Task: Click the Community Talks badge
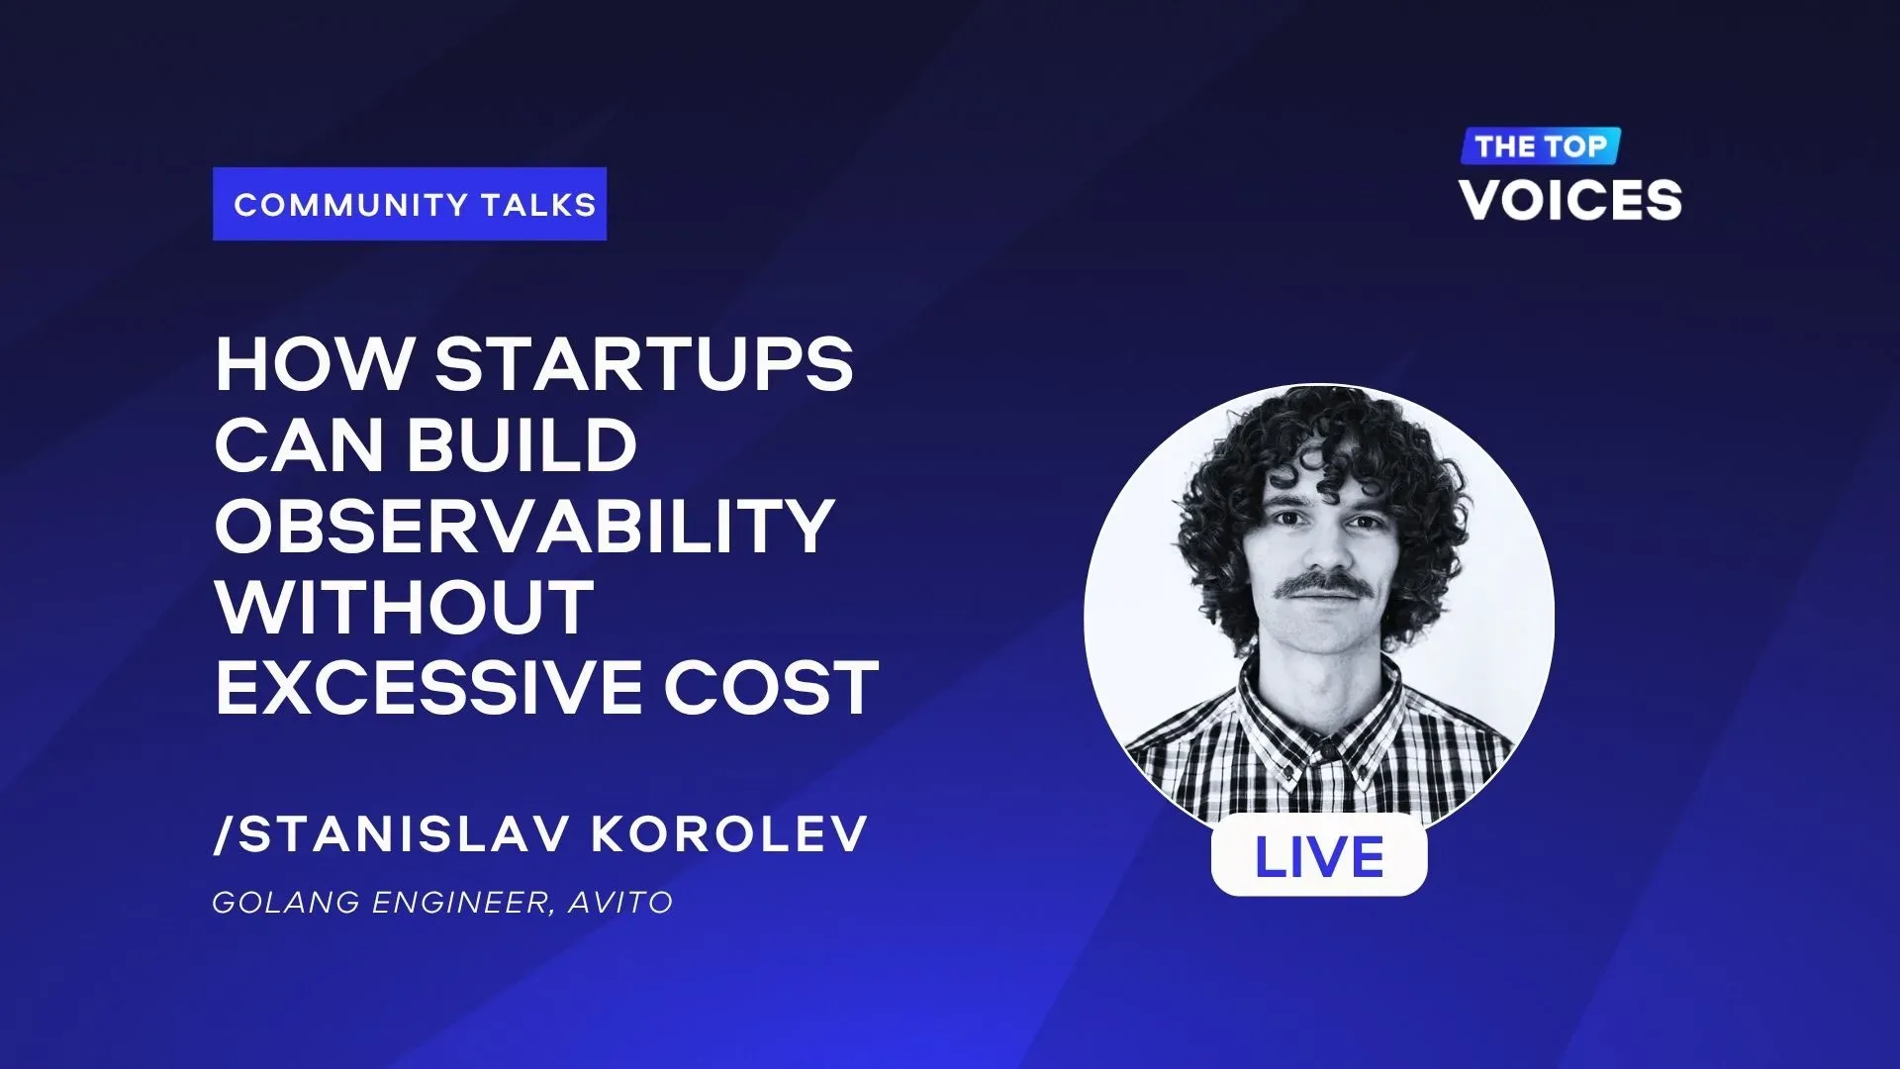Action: tap(410, 204)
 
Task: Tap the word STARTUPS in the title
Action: tap(644, 364)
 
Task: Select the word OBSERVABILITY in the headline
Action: tap(524, 526)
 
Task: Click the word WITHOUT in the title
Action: tap(405, 607)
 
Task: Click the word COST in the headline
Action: tap(771, 687)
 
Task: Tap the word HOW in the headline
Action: tap(313, 364)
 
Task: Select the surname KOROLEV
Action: tap(729, 834)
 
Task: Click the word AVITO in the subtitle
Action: tap(620, 903)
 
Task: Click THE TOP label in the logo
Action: tap(1541, 146)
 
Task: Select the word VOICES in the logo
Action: tap(1570, 200)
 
